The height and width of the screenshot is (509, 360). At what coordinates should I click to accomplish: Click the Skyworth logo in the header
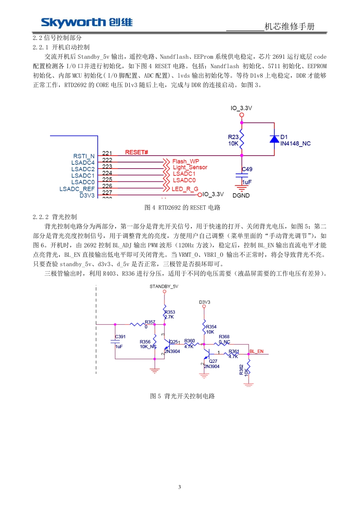click(87, 23)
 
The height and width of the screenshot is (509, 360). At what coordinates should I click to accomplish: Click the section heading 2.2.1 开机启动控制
click(61, 47)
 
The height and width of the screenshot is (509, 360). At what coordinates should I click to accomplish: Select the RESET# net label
click(136, 152)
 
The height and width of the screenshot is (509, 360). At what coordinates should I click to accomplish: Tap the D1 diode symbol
click(274, 139)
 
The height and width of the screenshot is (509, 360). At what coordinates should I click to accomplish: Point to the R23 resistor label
click(233, 137)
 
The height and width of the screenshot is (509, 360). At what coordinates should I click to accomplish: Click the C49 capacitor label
click(247, 169)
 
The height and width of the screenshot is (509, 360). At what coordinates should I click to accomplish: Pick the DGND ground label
click(241, 195)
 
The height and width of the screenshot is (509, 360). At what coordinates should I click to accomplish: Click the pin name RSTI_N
click(84, 156)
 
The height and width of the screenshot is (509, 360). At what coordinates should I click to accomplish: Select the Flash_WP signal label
click(185, 161)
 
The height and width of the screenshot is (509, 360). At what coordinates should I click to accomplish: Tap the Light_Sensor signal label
click(190, 167)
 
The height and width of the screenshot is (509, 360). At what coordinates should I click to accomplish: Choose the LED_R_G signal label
click(185, 189)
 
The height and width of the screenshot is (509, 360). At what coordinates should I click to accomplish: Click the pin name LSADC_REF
click(77, 189)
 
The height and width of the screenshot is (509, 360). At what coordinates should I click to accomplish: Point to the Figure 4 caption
click(182, 208)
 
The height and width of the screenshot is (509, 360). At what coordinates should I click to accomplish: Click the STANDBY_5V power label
click(164, 287)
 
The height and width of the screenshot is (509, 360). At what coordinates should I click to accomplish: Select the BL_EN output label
click(257, 351)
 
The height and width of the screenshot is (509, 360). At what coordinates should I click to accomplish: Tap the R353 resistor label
click(170, 312)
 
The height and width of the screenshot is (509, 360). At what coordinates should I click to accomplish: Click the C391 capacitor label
click(121, 337)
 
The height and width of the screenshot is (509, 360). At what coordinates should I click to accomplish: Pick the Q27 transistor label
click(213, 361)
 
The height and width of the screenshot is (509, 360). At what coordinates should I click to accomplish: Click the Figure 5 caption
click(182, 396)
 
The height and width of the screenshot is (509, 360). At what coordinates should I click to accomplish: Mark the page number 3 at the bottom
click(180, 487)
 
